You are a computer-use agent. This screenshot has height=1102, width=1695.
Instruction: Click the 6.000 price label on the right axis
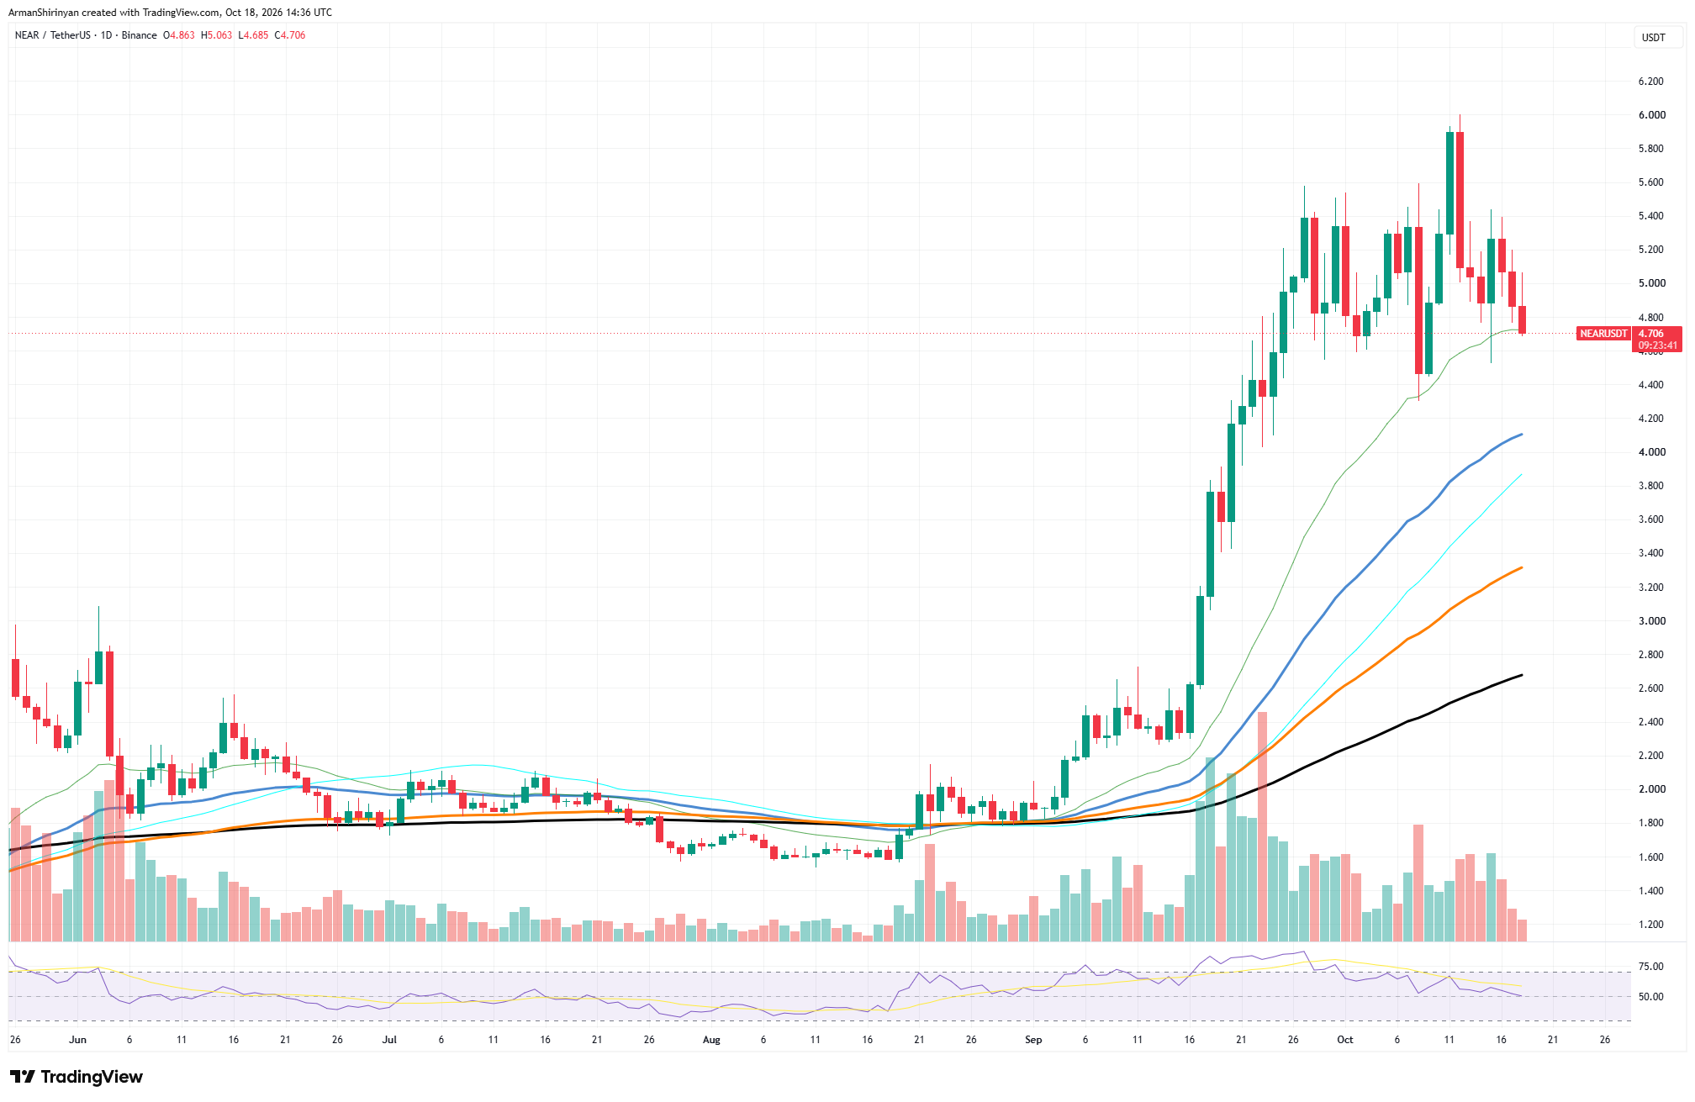(1651, 115)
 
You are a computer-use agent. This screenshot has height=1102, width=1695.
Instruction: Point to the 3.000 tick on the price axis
(1651, 621)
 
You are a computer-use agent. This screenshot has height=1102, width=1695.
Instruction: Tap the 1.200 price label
(1651, 925)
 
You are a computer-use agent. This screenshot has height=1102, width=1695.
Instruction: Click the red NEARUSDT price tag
(1603, 334)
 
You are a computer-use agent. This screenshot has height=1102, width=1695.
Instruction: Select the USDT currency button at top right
(1654, 38)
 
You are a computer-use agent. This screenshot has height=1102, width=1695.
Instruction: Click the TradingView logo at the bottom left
(76, 1077)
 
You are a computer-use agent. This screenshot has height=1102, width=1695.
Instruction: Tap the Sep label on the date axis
(1033, 1040)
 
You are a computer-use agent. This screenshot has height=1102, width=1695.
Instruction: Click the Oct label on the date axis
(1345, 1040)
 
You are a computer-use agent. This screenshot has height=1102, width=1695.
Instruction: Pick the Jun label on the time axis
(77, 1040)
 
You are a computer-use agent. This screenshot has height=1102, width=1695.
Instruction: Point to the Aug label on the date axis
(711, 1040)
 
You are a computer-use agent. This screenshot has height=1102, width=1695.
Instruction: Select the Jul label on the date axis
(389, 1040)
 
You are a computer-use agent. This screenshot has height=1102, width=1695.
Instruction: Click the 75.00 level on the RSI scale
(1651, 967)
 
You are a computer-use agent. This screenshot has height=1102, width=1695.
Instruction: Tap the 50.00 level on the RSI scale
(1651, 997)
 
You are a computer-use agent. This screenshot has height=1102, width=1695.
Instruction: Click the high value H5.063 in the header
(216, 35)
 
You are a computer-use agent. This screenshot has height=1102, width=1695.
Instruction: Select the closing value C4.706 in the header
(290, 35)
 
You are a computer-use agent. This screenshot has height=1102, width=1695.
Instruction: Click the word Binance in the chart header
(139, 35)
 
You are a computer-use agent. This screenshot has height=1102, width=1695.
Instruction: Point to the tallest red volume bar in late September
(1262, 826)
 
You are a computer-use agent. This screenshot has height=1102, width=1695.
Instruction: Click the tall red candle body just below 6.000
(1460, 199)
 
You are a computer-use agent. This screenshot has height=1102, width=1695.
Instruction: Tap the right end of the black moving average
(1523, 675)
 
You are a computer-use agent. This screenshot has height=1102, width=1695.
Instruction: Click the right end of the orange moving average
(1523, 567)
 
